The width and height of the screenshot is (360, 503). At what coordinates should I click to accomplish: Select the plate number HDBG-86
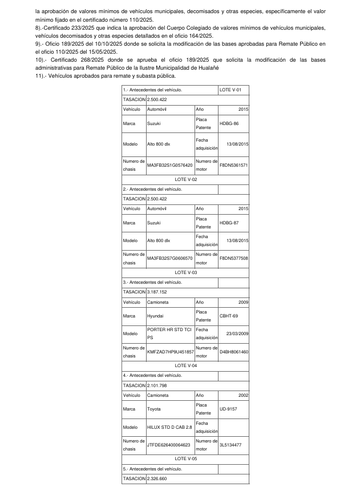[229, 123]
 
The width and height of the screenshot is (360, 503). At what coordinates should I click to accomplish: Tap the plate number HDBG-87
[229, 223]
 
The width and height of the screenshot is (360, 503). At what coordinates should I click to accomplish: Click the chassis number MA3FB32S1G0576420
[170, 165]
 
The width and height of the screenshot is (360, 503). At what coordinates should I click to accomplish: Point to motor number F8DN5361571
[233, 165]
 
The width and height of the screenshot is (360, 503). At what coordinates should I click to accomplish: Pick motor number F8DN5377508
[233, 258]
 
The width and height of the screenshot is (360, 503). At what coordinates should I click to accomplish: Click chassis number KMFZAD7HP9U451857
[170, 352]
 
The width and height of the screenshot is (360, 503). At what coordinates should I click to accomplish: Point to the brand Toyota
[154, 408]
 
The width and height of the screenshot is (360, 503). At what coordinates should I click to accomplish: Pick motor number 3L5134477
[230, 445]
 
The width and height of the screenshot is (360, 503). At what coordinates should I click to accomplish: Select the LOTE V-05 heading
[185, 458]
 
